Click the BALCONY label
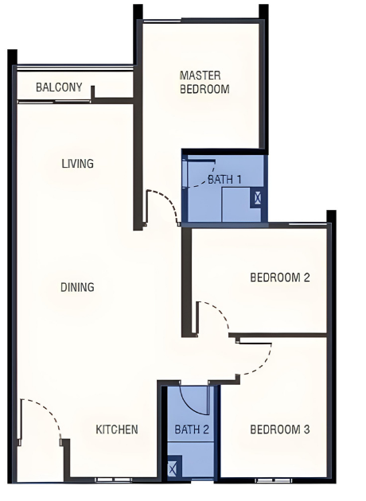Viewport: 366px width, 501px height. click(59, 87)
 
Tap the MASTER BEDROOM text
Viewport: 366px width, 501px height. click(204, 82)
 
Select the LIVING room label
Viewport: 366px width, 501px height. click(78, 164)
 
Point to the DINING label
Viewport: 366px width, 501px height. click(77, 287)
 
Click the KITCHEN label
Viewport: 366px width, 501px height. click(117, 429)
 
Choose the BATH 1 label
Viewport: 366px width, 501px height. click(224, 179)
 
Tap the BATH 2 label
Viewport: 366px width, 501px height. click(192, 429)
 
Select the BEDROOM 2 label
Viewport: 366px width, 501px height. click(280, 277)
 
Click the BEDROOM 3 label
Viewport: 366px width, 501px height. click(280, 429)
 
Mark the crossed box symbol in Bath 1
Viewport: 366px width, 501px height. click(258, 198)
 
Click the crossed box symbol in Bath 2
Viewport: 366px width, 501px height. click(173, 469)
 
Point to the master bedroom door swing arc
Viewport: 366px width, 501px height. click(169, 200)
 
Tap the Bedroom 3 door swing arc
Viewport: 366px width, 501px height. click(262, 365)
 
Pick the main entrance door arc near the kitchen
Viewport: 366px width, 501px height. click(48, 410)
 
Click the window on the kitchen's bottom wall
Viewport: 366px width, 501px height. click(114, 480)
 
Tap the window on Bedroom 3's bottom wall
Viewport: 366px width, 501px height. click(274, 480)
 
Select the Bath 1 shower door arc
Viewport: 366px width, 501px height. click(205, 179)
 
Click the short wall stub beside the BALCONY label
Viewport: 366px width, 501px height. click(93, 93)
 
